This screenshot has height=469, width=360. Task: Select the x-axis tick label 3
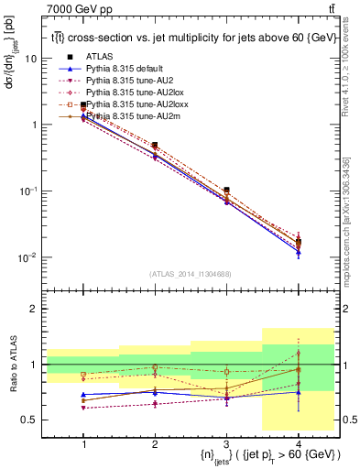(x=226, y=444)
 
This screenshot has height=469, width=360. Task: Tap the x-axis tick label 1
(x=83, y=444)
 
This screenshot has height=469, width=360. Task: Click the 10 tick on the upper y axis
(x=31, y=59)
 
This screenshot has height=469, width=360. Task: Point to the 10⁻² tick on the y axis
(x=27, y=258)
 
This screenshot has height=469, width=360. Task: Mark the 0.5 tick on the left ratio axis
(x=29, y=420)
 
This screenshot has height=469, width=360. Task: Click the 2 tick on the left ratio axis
(x=33, y=310)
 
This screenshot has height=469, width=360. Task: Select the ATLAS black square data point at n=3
(x=226, y=190)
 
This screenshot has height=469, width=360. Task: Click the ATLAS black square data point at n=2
(x=155, y=146)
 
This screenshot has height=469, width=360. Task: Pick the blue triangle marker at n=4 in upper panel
(x=298, y=252)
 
